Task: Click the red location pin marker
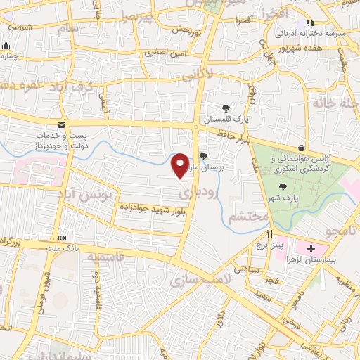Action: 181,165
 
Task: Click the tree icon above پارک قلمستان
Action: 225,108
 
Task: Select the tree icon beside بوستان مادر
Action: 202,156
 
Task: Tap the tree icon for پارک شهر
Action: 283,186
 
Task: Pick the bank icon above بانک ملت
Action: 61,238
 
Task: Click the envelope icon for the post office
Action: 61,124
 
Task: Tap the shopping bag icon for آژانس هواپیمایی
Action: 302,148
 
